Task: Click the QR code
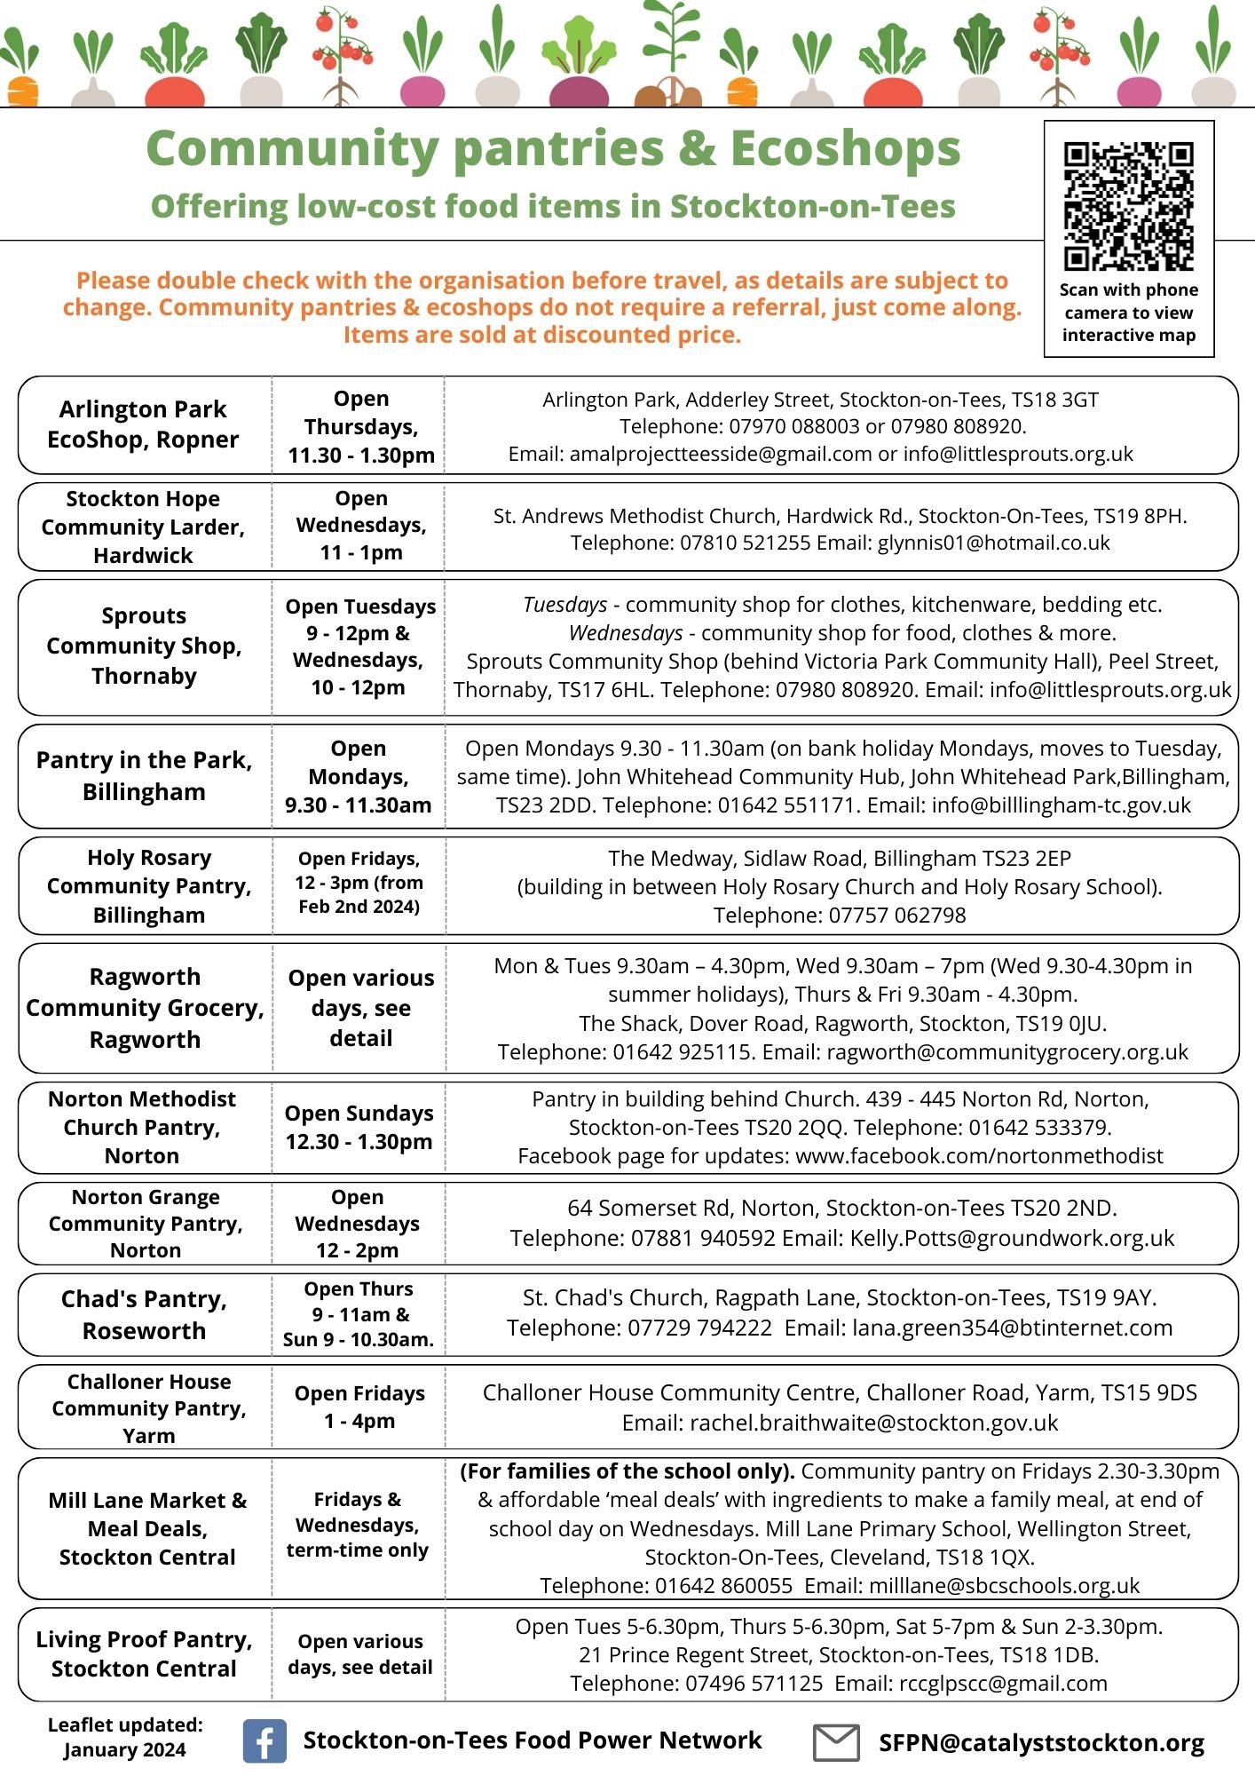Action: point(1128,206)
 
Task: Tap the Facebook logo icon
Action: point(264,1740)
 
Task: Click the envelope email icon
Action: point(836,1742)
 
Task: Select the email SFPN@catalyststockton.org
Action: point(1041,1743)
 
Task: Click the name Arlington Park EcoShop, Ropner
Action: point(143,424)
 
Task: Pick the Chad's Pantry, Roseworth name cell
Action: point(144,1314)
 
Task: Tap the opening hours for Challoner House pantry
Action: point(359,1407)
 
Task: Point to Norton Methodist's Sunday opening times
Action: point(359,1127)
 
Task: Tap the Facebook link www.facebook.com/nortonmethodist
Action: point(979,1155)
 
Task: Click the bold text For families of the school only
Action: point(627,1471)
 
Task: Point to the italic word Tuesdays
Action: point(564,605)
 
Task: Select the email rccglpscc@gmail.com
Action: point(1003,1683)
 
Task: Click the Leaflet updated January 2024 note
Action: point(125,1737)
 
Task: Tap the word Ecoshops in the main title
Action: point(845,148)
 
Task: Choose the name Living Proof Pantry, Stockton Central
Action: point(144,1653)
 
